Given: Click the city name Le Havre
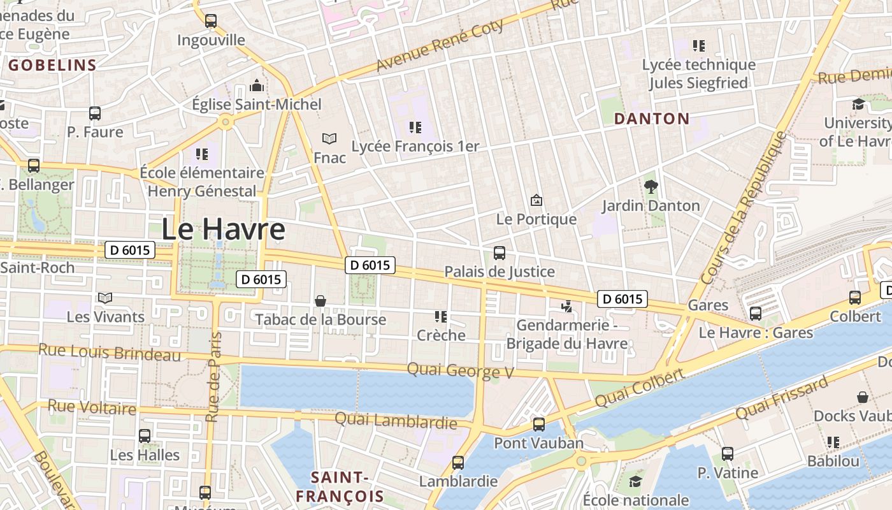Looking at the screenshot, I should [x=223, y=229].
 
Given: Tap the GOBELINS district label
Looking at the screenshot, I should [x=52, y=65].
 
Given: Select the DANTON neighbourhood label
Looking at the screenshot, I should [x=651, y=119].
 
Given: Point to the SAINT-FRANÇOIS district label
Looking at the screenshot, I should [x=340, y=487].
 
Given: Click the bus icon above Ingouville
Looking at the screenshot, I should [x=211, y=20].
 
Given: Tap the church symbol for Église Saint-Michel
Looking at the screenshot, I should [x=257, y=85].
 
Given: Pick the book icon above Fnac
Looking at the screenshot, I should [x=329, y=138].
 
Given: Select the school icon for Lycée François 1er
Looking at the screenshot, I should [x=415, y=127].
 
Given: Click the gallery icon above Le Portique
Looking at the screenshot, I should [x=536, y=200].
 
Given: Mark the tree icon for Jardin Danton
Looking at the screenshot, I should [x=651, y=186].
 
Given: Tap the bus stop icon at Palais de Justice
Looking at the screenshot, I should [x=500, y=253].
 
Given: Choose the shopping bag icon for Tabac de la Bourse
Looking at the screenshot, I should [x=320, y=300].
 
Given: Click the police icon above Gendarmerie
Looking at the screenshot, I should [x=566, y=307].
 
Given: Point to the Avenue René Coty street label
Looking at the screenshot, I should [x=440, y=46].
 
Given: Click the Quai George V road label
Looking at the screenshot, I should [x=460, y=370].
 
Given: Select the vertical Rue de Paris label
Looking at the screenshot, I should [x=213, y=376].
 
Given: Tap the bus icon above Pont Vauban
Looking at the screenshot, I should [x=539, y=424].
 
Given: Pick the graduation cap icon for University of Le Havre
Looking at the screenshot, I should [x=858, y=104].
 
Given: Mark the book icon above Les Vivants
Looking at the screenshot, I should [x=105, y=298].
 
